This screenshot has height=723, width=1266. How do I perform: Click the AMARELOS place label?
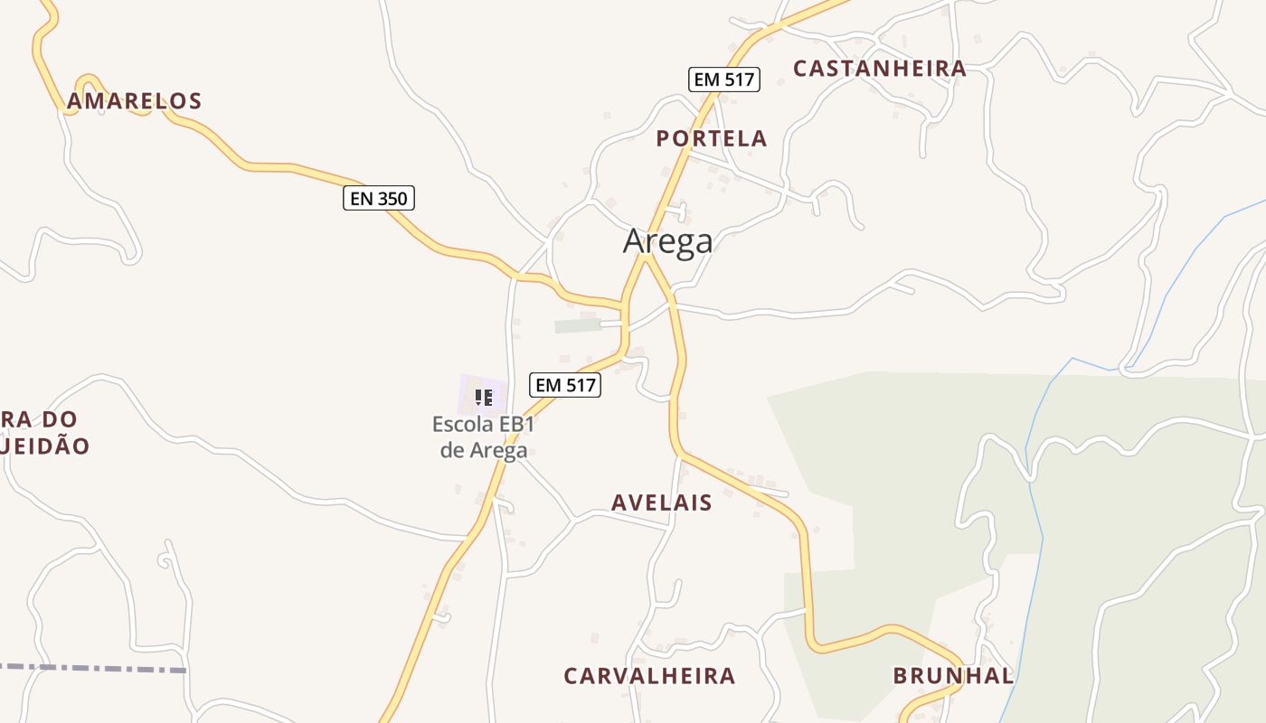134,101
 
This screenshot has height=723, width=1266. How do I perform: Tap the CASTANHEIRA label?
879,69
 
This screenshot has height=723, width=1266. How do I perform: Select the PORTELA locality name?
712,139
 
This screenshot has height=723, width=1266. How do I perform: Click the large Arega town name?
667,241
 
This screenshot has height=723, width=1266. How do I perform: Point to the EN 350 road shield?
378,198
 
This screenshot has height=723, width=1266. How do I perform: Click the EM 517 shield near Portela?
723,80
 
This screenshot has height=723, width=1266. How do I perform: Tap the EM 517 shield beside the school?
566,385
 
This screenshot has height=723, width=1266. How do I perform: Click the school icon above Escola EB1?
484,397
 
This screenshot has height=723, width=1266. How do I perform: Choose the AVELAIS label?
661,503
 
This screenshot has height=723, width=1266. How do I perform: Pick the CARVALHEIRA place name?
649,676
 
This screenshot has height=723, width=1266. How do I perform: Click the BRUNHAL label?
952,676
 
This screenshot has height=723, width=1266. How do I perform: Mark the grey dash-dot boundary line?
90,669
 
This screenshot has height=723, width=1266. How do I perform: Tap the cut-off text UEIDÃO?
45,446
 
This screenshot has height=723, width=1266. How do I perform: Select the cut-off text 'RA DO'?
40,420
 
